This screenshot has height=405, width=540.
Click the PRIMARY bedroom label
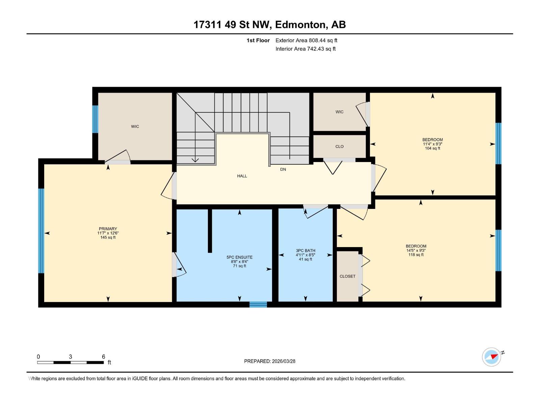(108, 229)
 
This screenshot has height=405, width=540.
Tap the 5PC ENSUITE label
(239, 257)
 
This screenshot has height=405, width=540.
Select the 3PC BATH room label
(305, 250)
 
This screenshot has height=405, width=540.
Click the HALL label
(242, 176)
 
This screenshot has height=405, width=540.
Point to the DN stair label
(283, 169)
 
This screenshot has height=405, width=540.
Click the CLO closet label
(339, 146)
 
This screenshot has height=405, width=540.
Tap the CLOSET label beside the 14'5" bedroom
(347, 276)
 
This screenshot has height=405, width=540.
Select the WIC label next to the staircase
(339, 112)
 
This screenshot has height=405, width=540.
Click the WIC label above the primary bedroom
(135, 127)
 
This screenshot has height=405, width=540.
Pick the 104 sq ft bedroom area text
(432, 148)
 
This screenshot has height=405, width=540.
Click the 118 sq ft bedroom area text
(416, 255)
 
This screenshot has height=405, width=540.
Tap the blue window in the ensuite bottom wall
(258, 304)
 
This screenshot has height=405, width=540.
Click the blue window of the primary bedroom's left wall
(41, 231)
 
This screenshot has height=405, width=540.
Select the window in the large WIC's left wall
(95, 119)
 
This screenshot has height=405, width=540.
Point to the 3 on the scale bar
(70, 357)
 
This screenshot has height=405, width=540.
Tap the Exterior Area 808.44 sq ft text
(306, 40)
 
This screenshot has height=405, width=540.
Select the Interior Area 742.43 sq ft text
(305, 49)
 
